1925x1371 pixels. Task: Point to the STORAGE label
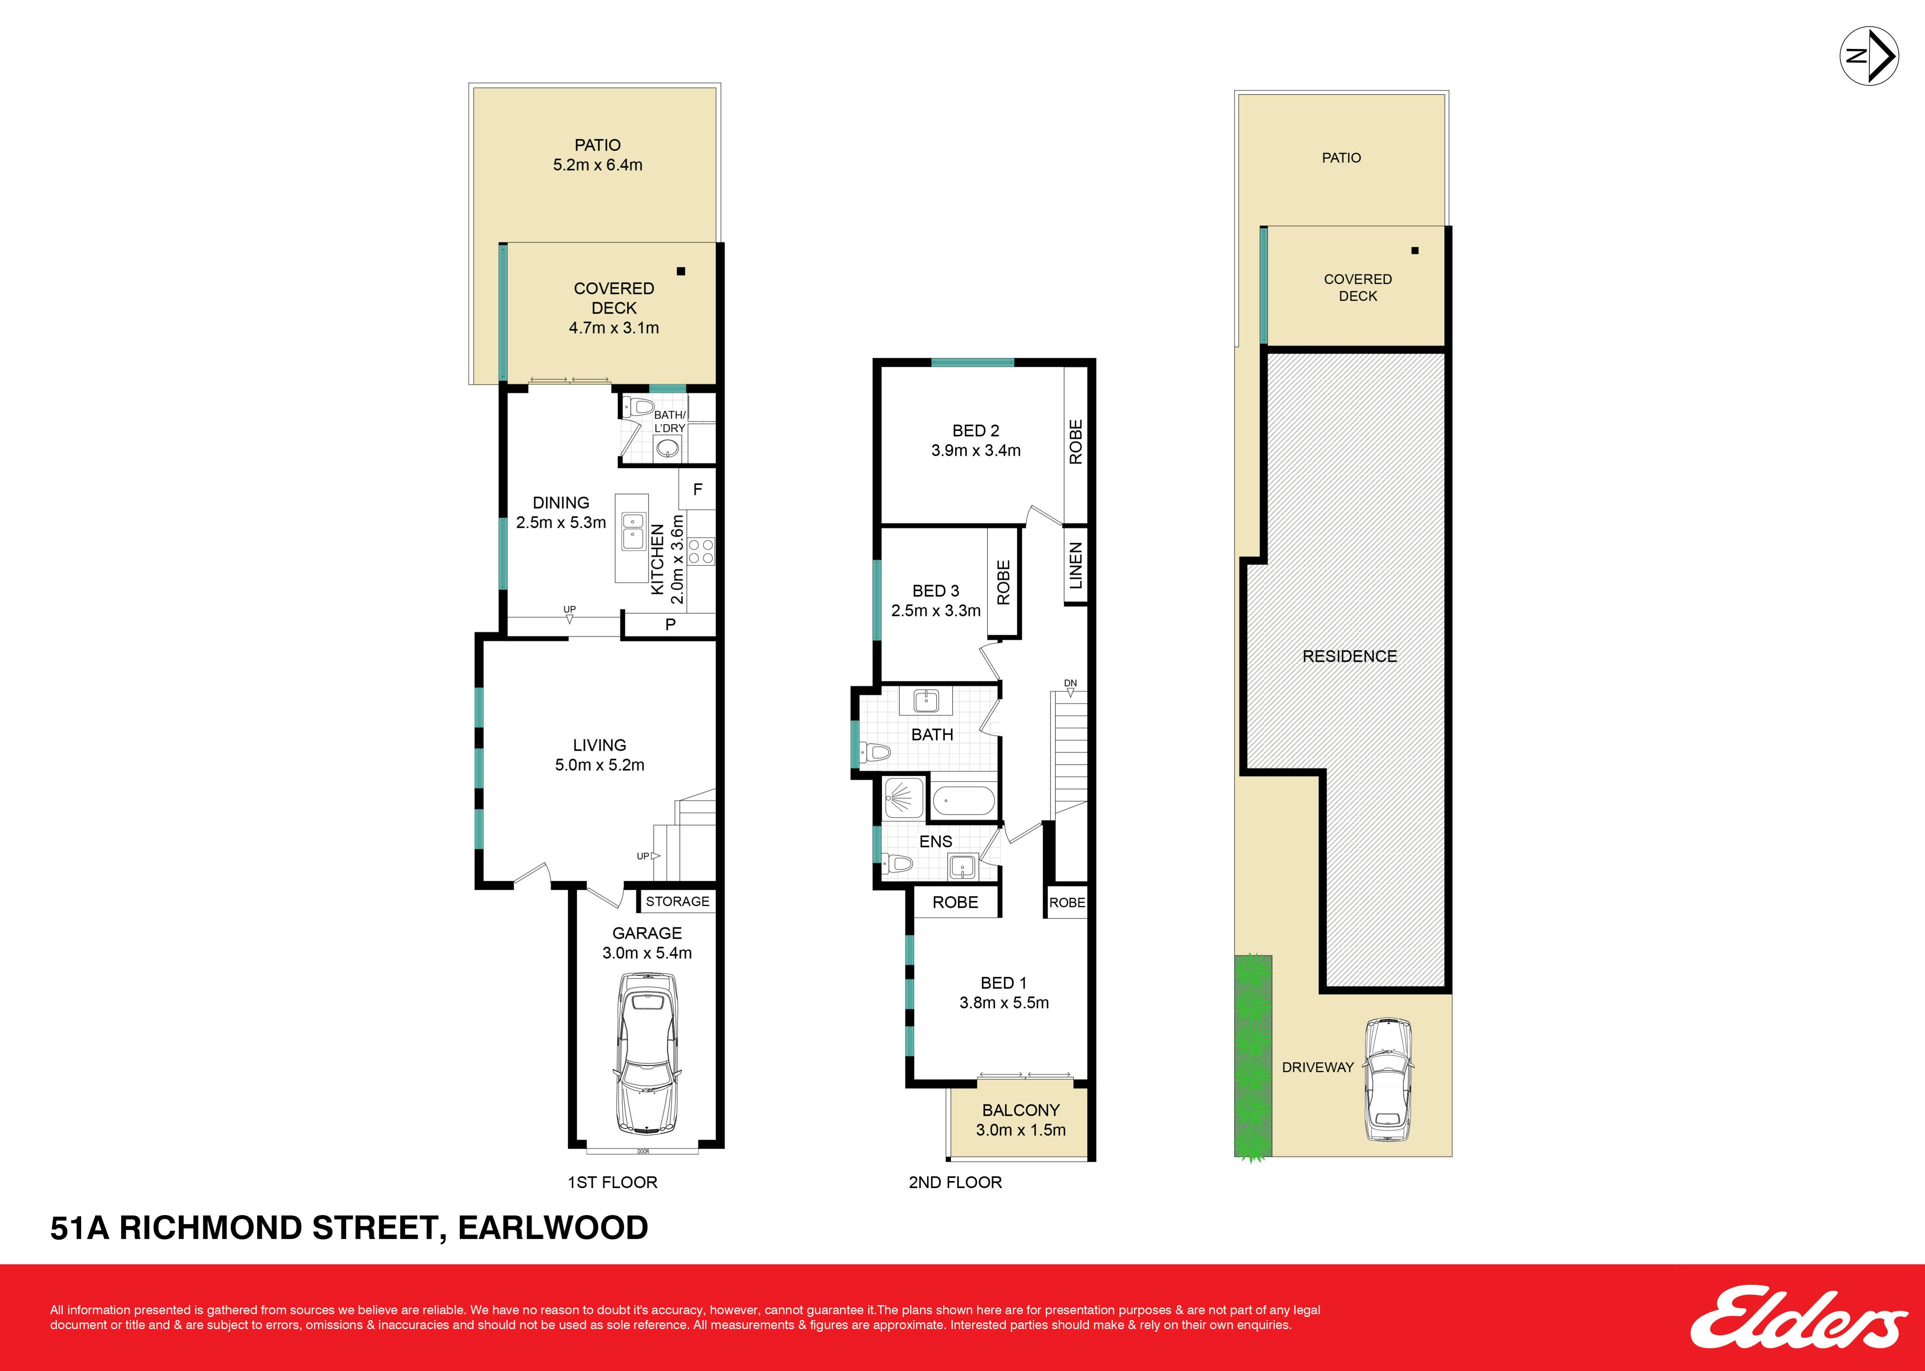click(678, 902)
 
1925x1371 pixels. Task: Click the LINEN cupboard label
click(1075, 566)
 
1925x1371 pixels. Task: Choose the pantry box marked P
click(670, 625)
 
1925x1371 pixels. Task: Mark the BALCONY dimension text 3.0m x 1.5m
click(1020, 1130)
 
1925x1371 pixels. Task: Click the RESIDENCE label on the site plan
click(1349, 656)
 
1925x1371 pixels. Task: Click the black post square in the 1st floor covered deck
click(681, 271)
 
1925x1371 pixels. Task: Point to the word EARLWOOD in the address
click(553, 1228)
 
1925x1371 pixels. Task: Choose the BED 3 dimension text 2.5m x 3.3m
click(936, 610)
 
